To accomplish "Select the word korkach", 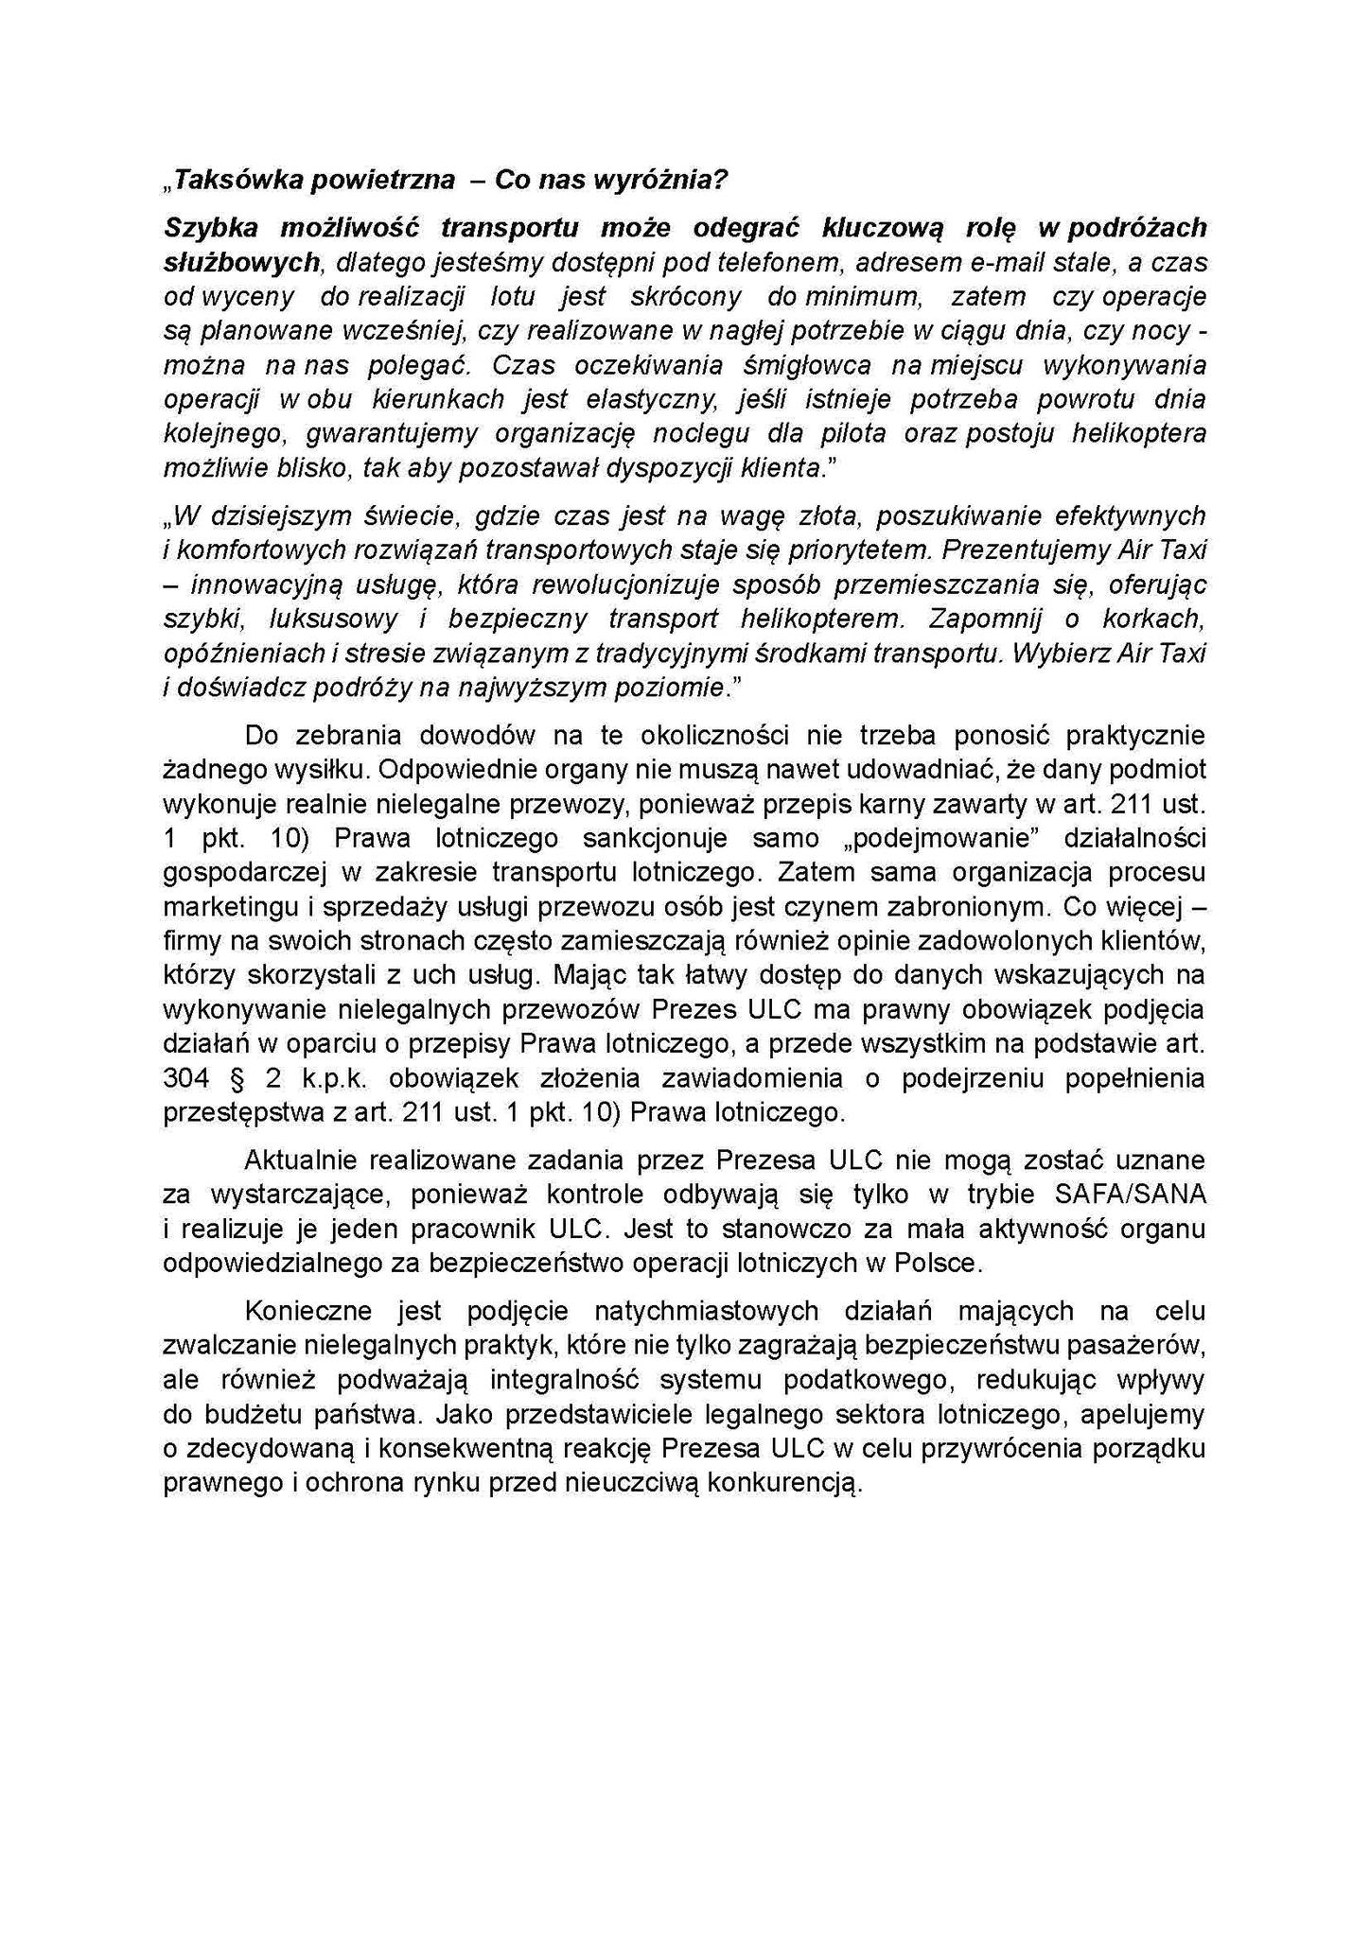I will pos(1155,619).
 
